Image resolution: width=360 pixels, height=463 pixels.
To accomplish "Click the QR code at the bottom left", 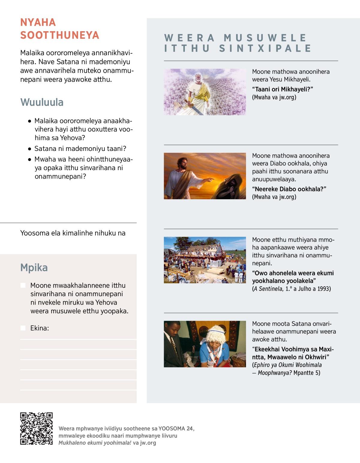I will coord(36,428).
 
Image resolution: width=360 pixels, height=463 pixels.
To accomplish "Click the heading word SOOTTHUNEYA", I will coord(59,35).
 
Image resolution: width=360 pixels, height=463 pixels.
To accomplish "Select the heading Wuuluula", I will coord(42,102).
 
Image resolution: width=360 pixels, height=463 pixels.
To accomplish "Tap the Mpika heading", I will coord(34,267).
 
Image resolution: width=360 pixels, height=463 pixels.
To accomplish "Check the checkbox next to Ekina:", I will coord(23,328).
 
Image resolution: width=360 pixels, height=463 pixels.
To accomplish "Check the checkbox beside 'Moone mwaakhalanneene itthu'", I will coord(23,285).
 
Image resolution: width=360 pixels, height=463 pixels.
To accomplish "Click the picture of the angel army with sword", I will coord(205,92).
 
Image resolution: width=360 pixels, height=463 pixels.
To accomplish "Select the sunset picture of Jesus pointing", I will coord(205,176).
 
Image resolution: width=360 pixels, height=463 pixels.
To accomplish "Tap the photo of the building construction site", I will coord(205,260).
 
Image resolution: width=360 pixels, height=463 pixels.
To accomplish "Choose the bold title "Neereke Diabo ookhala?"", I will coord(289,189).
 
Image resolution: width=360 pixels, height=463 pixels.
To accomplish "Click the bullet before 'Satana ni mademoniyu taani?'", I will coord(29,149).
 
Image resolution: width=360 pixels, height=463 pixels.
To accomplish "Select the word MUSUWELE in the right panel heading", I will coord(265,38).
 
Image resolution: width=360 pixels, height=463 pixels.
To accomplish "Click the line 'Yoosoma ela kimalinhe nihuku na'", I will coord(73,233).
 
